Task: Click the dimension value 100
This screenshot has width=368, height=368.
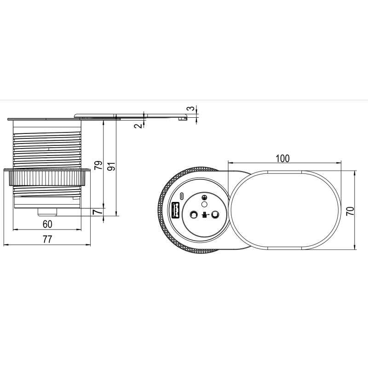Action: pos(282,158)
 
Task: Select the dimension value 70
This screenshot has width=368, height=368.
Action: pos(350,211)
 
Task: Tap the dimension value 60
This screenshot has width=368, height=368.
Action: pos(47,224)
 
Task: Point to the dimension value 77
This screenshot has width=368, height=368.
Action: pos(47,239)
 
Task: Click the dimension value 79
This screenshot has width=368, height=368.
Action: pos(98,165)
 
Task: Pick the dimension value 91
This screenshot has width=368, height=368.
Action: pos(111,166)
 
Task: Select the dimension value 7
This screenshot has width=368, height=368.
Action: pos(98,212)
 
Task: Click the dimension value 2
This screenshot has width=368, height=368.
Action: pos(138,126)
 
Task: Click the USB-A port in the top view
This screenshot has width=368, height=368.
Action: pos(176,210)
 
